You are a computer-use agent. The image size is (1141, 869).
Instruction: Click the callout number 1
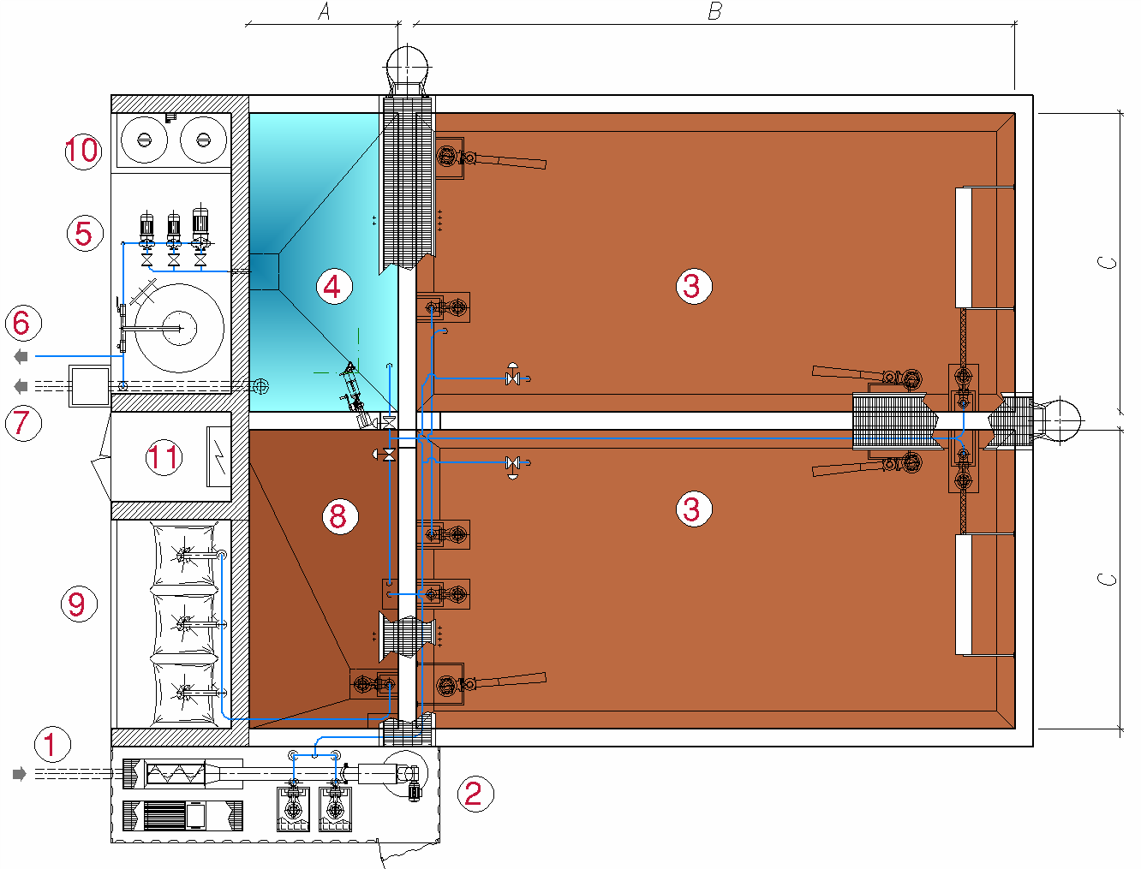[52, 744]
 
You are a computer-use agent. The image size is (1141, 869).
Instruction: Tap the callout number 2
[475, 793]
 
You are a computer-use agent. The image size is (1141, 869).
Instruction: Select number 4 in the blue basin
[334, 286]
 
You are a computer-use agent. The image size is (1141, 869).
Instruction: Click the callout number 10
[83, 152]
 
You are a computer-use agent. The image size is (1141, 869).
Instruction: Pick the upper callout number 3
[694, 286]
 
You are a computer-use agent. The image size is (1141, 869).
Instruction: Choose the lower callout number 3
[694, 509]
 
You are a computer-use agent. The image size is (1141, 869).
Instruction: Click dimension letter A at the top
[324, 11]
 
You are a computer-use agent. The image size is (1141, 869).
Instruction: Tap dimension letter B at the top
[715, 11]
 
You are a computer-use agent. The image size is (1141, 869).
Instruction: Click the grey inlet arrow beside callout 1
[19, 774]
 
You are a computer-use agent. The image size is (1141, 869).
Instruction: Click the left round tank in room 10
[144, 140]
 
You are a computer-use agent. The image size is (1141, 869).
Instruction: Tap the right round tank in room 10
[203, 140]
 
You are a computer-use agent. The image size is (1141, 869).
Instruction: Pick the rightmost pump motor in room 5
[200, 223]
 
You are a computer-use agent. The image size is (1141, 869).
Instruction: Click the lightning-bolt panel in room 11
[218, 456]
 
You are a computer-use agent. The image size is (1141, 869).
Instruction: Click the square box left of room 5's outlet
[89, 386]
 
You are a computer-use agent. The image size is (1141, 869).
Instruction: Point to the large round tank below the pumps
[179, 328]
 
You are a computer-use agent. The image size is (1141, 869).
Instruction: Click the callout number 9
[79, 604]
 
